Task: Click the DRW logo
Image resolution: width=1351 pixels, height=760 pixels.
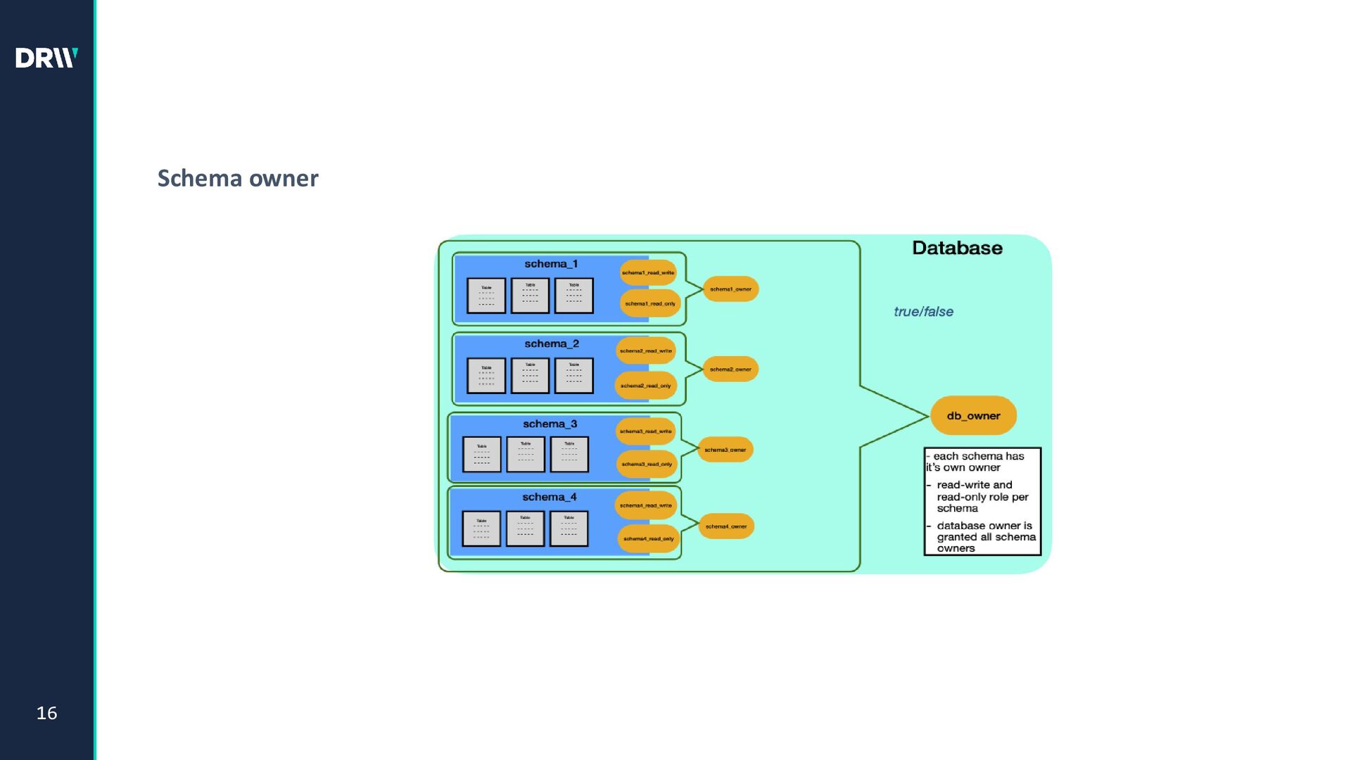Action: (x=46, y=58)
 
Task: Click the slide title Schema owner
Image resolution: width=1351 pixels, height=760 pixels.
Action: (x=238, y=178)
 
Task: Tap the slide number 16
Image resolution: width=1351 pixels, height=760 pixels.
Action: (x=46, y=713)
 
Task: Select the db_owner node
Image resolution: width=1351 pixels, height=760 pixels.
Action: (x=973, y=416)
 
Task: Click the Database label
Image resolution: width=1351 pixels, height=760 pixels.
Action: (x=957, y=248)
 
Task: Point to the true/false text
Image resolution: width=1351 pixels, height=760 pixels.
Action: (x=923, y=312)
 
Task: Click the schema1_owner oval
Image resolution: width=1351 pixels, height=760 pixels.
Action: (x=730, y=289)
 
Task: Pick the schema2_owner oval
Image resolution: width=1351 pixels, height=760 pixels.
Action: (x=730, y=369)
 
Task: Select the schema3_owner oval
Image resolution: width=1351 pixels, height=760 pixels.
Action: (x=725, y=450)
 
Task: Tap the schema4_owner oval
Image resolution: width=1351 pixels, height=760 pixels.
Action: (x=726, y=526)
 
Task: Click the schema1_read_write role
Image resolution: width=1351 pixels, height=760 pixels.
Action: (x=648, y=273)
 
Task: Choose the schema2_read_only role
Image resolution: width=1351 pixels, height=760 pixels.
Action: (x=646, y=386)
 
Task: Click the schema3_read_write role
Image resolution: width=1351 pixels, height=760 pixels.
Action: (x=645, y=431)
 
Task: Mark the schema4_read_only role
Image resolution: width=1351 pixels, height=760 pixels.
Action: (x=648, y=539)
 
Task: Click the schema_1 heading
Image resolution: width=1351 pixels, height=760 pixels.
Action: (x=551, y=264)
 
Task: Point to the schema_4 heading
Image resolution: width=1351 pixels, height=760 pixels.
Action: (x=549, y=497)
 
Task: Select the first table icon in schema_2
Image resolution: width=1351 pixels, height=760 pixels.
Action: (x=486, y=376)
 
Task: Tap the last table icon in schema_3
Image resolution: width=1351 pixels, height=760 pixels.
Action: (x=569, y=455)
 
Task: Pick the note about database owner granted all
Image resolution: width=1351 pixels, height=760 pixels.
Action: (x=985, y=537)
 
